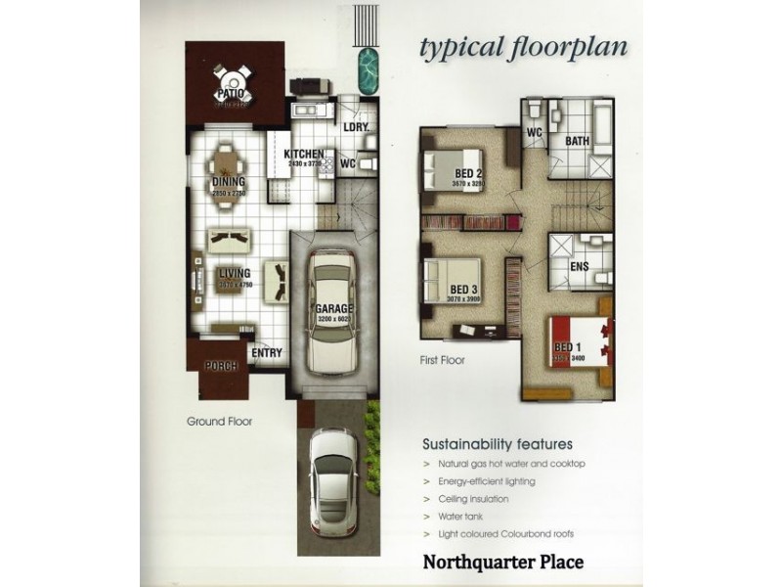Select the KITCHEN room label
(304, 156)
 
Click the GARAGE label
(333, 309)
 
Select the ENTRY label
(267, 353)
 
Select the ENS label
(579, 265)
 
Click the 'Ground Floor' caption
(220, 423)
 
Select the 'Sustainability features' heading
(497, 442)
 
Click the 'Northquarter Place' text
(502, 563)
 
